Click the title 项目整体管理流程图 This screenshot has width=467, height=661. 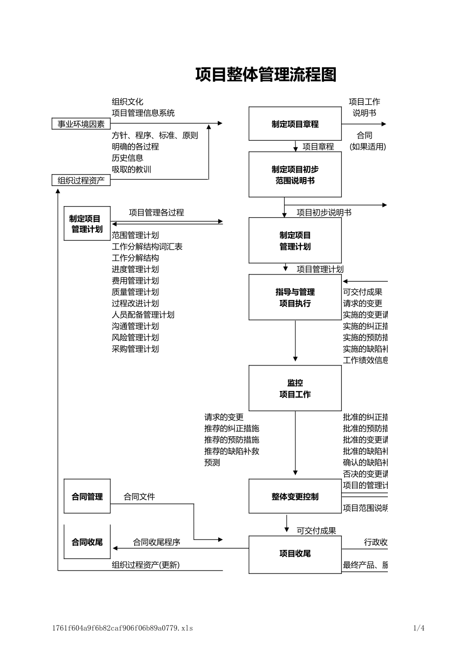266,75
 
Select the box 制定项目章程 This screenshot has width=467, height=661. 295,124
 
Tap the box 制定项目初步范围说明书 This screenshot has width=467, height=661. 295,175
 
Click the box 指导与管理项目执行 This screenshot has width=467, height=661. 295,298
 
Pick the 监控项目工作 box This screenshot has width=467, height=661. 295,388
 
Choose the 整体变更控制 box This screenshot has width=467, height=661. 295,497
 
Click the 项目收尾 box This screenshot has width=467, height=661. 295,554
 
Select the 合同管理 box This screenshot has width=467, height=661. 87,497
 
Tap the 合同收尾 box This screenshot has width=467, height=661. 87,542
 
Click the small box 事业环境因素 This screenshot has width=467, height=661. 81,124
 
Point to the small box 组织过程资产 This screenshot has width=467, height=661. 81,180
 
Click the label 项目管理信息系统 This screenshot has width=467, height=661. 143,113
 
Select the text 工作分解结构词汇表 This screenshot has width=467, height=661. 147,246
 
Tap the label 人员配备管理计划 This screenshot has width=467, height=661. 143,315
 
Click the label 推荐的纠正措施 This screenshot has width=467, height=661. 232,428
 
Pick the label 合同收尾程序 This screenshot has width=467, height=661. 156,542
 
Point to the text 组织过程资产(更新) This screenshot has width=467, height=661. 146,565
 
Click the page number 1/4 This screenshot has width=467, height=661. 419,628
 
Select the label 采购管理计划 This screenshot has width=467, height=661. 135,349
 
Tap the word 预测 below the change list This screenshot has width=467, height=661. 212,462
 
